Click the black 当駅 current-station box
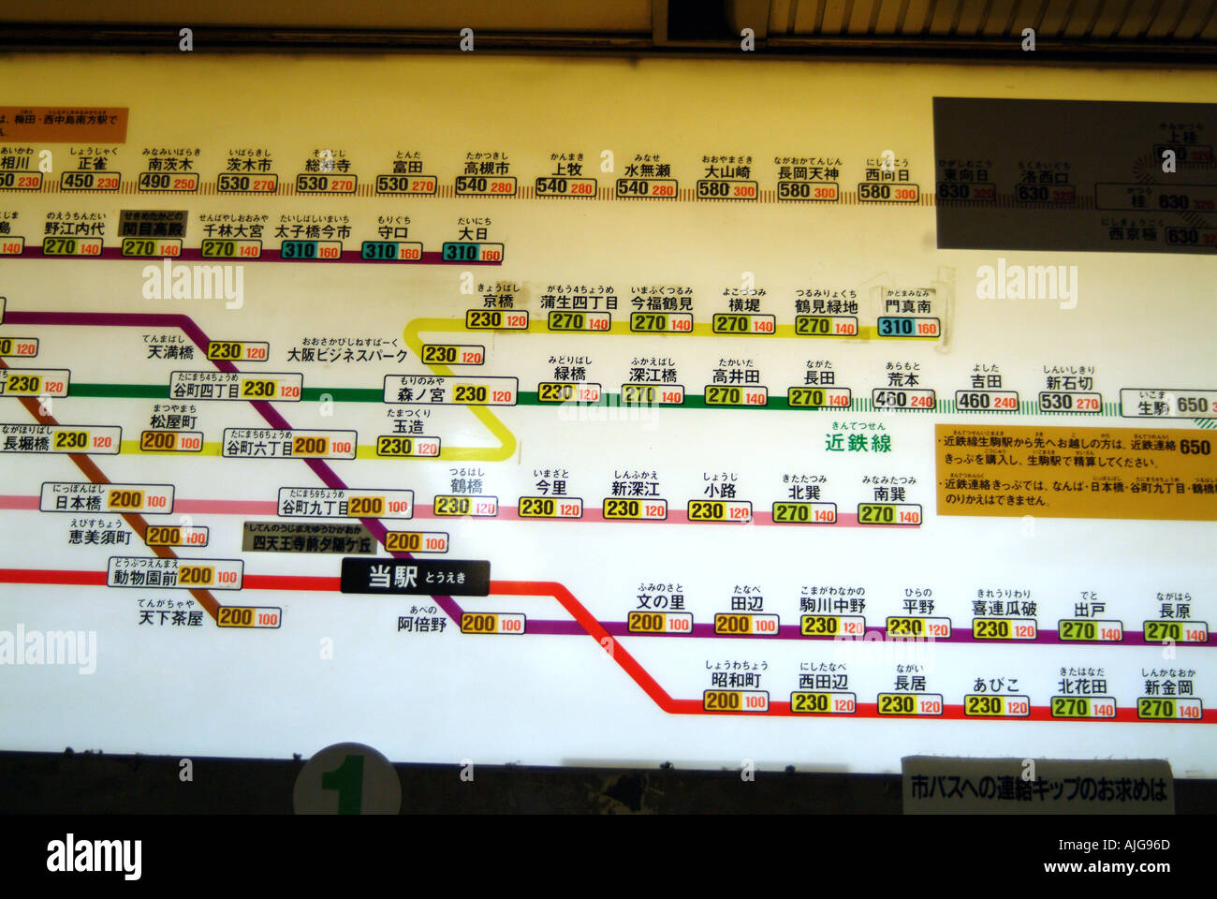(x=415, y=577)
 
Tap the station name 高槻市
(x=487, y=169)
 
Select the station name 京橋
(x=498, y=302)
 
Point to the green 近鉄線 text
(x=858, y=442)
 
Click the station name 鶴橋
(x=466, y=486)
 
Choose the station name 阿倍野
(x=422, y=624)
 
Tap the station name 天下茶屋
(x=170, y=618)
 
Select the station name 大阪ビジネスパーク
(x=347, y=356)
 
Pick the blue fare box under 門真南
(x=908, y=327)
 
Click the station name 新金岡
(x=1168, y=687)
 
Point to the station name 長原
(x=1174, y=611)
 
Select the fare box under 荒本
(x=903, y=400)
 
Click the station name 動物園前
(x=145, y=577)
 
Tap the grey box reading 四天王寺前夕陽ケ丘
(x=309, y=543)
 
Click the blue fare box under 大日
(x=473, y=252)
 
